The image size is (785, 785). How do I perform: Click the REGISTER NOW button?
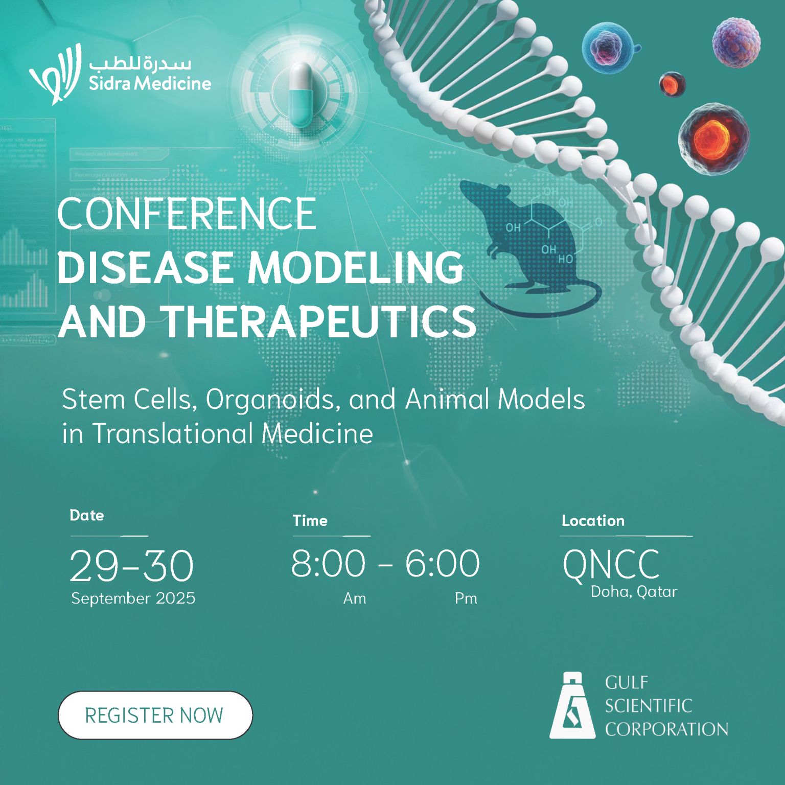pos(155,715)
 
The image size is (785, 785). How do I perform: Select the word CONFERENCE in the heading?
pos(187,214)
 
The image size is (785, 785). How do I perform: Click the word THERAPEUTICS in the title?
pos(319,321)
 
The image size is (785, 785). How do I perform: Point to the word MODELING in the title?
pos(355,267)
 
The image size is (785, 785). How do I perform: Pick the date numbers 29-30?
pos(131,566)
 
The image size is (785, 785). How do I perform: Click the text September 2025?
pos(133,598)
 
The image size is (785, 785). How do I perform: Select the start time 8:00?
pos(328,564)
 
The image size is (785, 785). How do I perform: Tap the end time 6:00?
pos(443,564)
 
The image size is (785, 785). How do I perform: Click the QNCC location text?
pos(611,565)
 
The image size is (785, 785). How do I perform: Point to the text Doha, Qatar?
pos(634,592)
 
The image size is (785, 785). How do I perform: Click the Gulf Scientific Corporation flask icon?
pos(572,706)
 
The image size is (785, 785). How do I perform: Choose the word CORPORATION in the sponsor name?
pos(666,729)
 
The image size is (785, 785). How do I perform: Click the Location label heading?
pos(593,521)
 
